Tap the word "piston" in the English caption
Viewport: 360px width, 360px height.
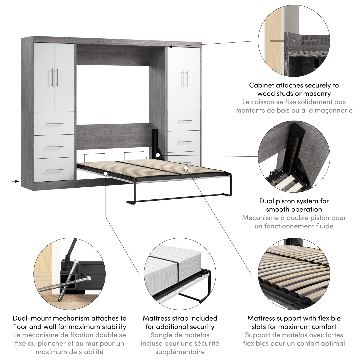pos(293,201)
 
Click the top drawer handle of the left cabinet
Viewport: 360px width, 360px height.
pos(55,124)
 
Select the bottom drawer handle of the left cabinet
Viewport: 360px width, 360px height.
pos(55,170)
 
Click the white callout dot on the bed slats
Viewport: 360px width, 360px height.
pos(186,168)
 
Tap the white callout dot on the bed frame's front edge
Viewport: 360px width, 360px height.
pos(106,174)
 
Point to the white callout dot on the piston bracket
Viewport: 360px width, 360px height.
pos(158,155)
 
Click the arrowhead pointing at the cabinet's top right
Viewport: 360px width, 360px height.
pos(170,46)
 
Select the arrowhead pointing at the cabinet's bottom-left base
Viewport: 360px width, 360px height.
pos(17,181)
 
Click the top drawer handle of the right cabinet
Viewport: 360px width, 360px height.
pos(185,121)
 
